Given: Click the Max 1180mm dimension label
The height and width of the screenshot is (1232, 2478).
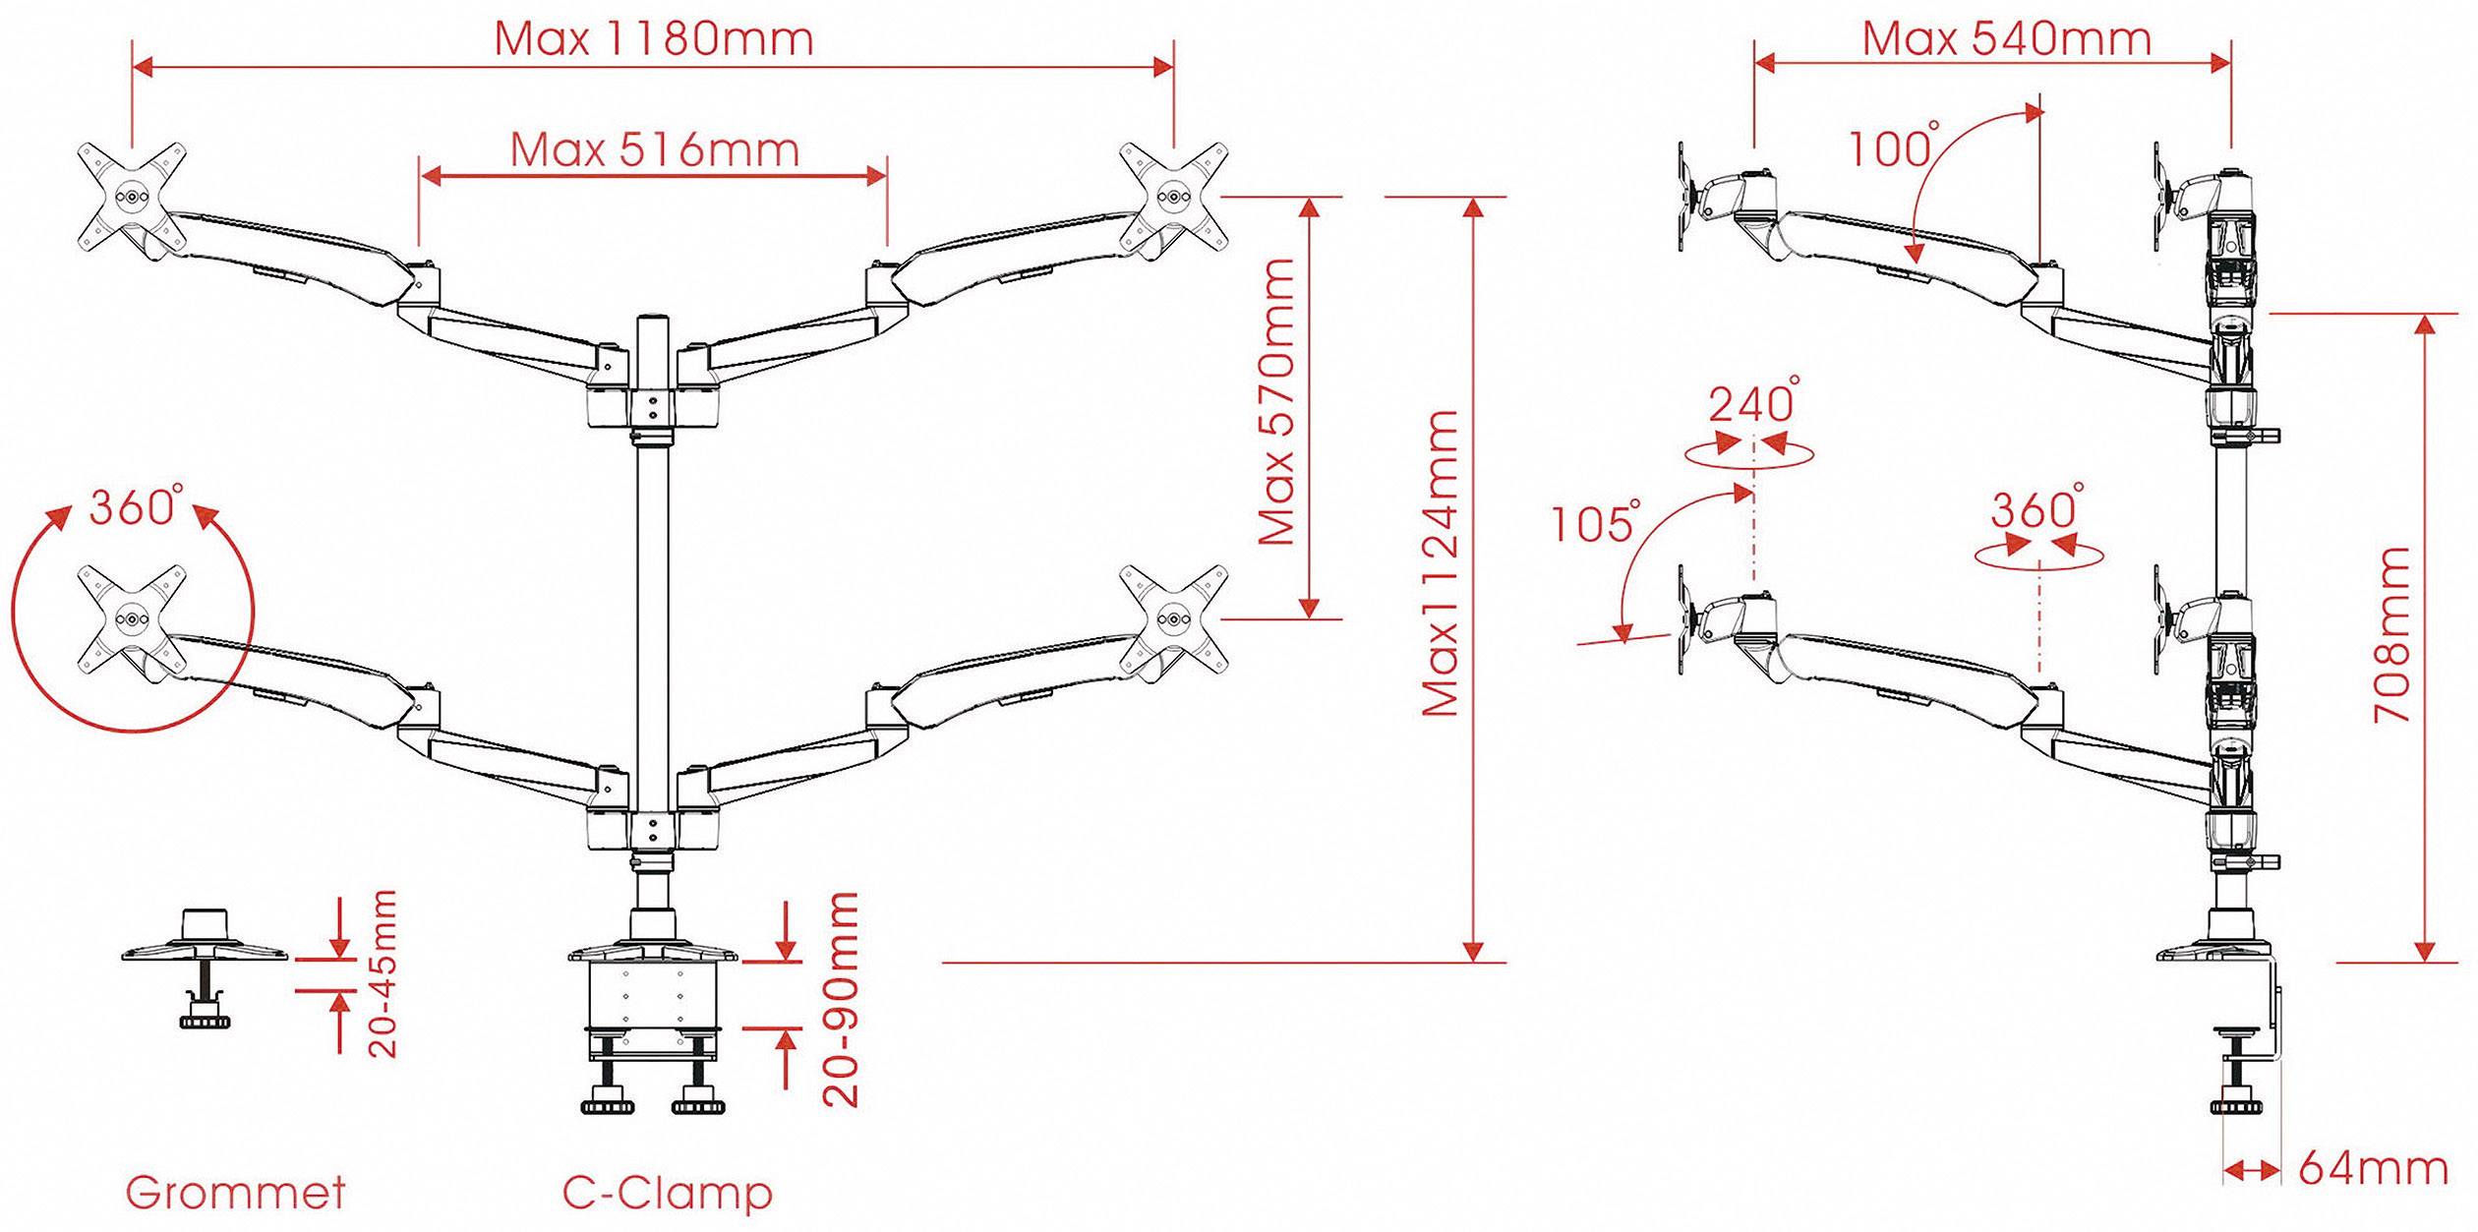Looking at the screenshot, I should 654,39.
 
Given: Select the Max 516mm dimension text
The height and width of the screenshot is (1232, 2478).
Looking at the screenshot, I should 654,150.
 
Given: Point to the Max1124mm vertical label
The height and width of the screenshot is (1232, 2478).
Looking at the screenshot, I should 1441,562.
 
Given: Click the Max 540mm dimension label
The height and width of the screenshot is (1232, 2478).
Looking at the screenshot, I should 2006,39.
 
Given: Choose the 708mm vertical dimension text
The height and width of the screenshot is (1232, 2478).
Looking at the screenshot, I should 2392,635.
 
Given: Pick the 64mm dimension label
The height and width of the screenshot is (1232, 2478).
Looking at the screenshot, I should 2373,1169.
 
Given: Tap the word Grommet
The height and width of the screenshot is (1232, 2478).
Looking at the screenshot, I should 236,1193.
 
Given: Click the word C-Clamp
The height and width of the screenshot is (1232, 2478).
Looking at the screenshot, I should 668,1193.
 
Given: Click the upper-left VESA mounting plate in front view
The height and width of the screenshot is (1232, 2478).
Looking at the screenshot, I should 133,197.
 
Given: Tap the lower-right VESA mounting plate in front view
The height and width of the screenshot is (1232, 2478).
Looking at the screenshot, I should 1174,619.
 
